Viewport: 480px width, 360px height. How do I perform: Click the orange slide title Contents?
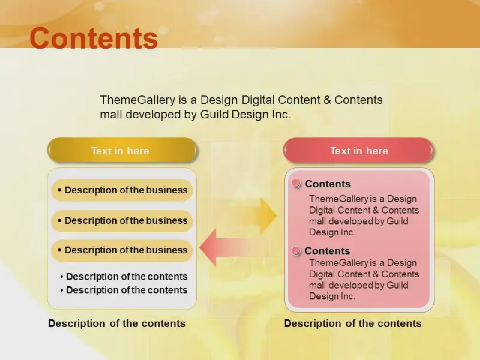coord(94,38)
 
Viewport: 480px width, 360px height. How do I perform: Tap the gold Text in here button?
coord(122,151)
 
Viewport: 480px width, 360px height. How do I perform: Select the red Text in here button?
coord(358,151)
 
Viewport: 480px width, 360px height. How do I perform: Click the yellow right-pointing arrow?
coord(254,216)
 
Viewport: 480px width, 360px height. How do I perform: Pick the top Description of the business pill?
coord(122,190)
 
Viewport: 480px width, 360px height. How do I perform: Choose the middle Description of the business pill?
coord(122,221)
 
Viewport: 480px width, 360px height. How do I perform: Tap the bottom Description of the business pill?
coord(122,250)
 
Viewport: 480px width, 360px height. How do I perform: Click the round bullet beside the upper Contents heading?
coord(296,184)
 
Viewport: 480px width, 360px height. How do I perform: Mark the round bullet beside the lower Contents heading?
coord(296,251)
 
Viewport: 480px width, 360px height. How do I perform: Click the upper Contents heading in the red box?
coord(328,184)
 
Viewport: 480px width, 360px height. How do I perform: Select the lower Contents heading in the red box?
coord(327,251)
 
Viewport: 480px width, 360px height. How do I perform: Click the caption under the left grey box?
coord(117,323)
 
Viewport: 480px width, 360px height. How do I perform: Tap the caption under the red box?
coord(353,323)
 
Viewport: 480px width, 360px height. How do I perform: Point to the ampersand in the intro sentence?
coord(327,100)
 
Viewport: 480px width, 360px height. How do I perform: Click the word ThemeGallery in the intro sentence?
coord(138,100)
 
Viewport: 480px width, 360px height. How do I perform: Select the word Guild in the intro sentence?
coord(215,115)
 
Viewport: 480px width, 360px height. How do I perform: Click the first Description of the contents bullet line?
coord(124,277)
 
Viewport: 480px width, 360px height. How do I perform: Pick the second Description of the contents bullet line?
coord(124,290)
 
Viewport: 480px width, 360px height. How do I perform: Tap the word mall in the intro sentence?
coord(111,115)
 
